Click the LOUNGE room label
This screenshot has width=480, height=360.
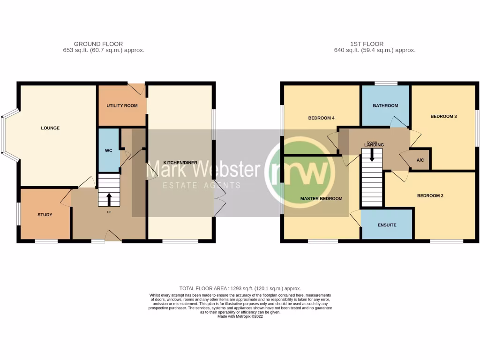pos(50,128)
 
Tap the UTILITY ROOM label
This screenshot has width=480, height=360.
pos(122,105)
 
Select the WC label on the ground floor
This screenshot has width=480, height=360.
pos(108,151)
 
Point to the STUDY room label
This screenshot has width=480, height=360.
pos(45,215)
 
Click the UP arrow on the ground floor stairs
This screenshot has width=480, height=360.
pos(109,199)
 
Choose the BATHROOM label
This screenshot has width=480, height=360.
pos(385,105)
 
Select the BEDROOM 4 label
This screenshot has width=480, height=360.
pos(321,118)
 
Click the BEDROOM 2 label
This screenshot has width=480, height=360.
pos(430,196)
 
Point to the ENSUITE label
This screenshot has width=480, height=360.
pos(387,225)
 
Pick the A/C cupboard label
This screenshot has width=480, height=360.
pos(420,160)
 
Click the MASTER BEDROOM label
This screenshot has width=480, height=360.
pos(321,198)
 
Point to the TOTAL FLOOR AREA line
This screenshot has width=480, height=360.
pos(240,289)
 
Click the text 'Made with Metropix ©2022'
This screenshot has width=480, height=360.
pos(240,316)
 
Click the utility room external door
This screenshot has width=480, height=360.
pos(137,88)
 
